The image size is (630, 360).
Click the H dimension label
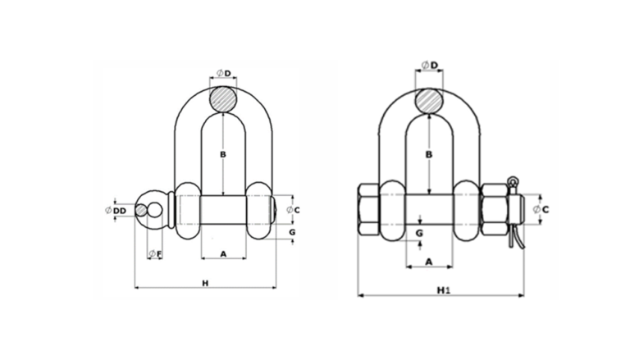tap(205, 283)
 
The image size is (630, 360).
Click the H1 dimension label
tap(444, 290)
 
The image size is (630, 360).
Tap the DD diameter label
tap(119, 211)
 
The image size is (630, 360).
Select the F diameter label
tap(159, 254)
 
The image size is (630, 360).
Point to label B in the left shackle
tap(223, 154)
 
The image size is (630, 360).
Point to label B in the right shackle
tap(429, 154)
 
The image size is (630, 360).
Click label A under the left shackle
tap(223, 254)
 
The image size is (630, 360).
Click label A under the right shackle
tap(429, 262)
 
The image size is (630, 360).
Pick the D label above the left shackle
tap(228, 73)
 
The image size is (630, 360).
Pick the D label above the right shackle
tap(434, 65)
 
